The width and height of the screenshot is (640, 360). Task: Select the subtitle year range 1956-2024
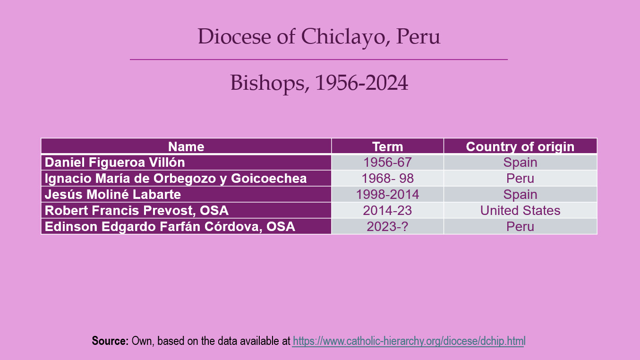click(x=361, y=83)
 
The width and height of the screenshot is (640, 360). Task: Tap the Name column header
click(x=186, y=146)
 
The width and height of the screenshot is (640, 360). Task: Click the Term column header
click(x=387, y=146)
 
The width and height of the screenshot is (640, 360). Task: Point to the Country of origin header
click(x=521, y=146)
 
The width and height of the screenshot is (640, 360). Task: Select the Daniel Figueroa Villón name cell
click(x=186, y=163)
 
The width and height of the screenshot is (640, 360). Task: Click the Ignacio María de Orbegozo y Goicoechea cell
click(x=186, y=178)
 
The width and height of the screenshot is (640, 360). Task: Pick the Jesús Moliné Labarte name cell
click(x=186, y=194)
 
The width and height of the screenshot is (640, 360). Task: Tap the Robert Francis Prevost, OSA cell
click(x=186, y=210)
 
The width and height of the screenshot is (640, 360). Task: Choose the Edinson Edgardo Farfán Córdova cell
click(x=186, y=226)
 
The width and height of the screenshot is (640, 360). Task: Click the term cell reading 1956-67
click(x=387, y=163)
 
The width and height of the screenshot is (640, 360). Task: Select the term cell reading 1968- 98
click(x=387, y=178)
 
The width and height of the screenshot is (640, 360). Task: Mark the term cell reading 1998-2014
click(x=387, y=194)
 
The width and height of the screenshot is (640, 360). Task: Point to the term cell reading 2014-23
click(x=387, y=210)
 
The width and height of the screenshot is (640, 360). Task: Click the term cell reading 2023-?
click(x=387, y=226)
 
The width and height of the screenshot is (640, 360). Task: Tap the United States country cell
click(x=521, y=210)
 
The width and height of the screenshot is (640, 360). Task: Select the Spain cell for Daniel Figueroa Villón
click(x=521, y=163)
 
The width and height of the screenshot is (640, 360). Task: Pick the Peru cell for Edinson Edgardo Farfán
click(x=521, y=226)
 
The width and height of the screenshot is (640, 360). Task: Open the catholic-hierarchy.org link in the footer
click(x=409, y=341)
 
